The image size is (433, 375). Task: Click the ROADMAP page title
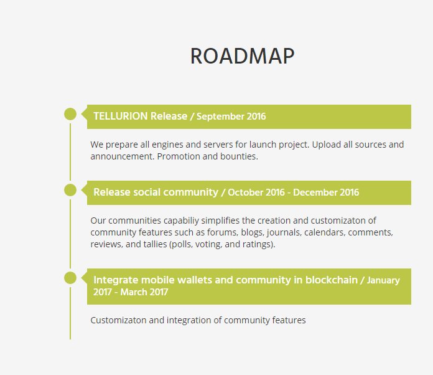242,56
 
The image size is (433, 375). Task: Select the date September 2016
231,116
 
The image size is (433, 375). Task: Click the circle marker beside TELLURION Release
70,114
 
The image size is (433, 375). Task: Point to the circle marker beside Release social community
70,190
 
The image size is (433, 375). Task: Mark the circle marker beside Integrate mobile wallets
70,277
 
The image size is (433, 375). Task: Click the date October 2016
255,192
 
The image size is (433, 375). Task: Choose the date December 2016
326,192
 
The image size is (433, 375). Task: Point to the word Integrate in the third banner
115,280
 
